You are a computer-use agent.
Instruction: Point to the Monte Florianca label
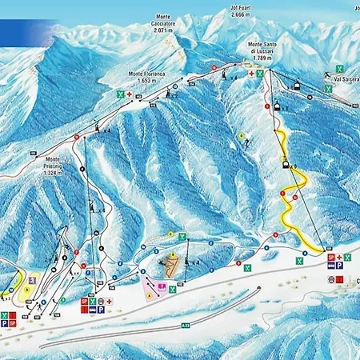coord(146,74)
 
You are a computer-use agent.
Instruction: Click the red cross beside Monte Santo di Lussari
coord(251,74)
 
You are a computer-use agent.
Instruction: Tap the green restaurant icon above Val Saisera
coord(341,68)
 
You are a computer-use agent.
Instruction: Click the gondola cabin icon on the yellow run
coord(285,164)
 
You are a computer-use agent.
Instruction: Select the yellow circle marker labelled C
coord(170,234)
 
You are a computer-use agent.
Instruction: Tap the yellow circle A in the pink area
coord(148,294)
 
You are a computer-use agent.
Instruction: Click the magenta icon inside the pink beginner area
coord(162,286)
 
